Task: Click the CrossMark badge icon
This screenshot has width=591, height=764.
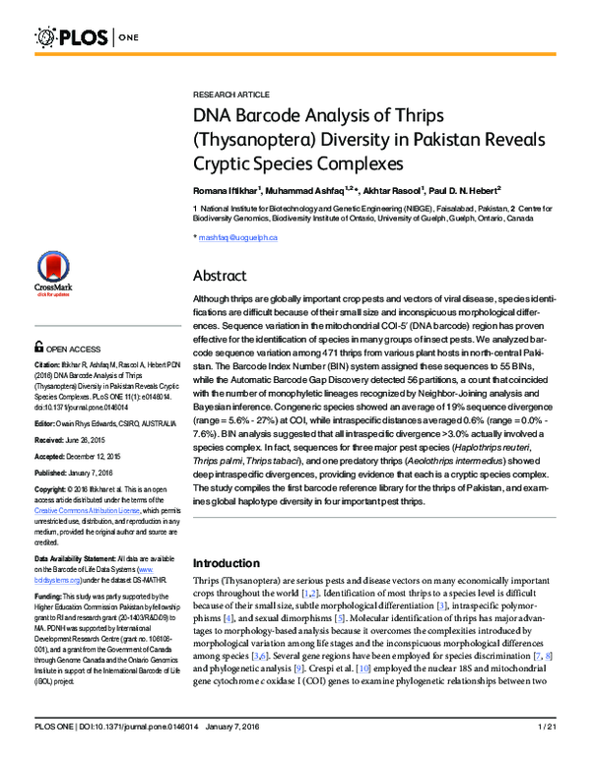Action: pyautogui.click(x=53, y=271)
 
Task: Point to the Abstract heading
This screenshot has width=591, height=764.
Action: pyautogui.click(x=220, y=275)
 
